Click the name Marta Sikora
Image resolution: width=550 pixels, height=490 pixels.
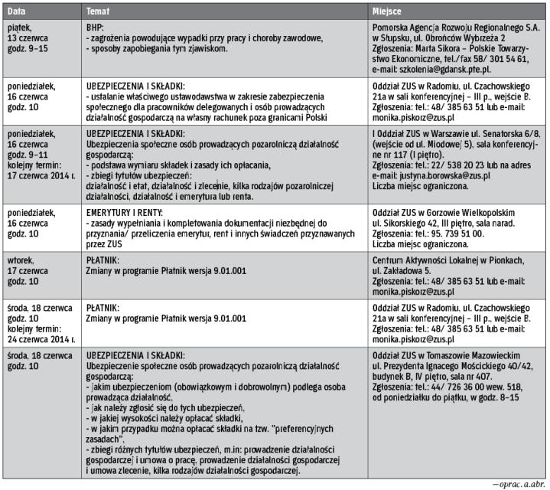pos(430,47)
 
